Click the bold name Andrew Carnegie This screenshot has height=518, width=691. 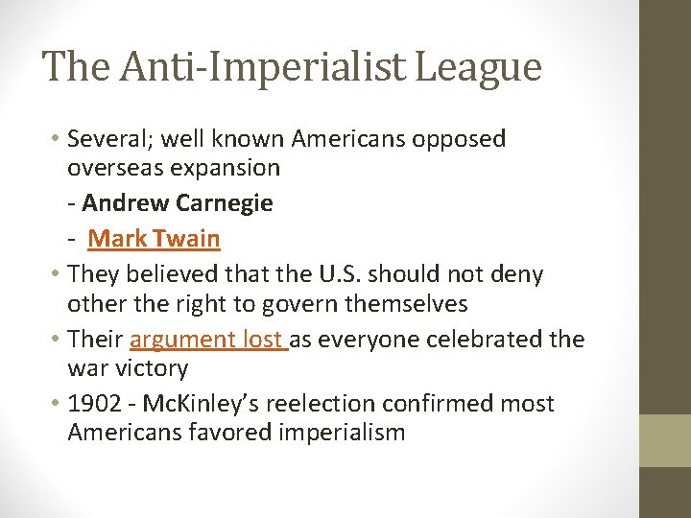pos(178,203)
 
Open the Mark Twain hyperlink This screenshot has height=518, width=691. pos(155,239)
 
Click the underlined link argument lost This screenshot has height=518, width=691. pos(208,339)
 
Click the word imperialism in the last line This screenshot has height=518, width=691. pos(343,433)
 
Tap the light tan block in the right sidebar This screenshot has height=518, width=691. pos(665,440)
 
